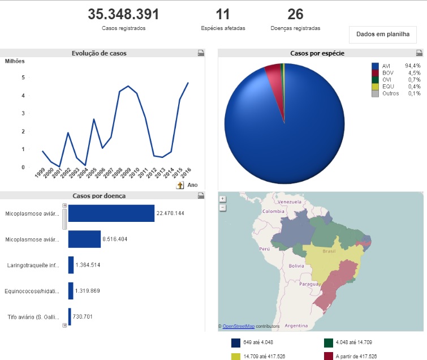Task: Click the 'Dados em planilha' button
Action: [382, 34]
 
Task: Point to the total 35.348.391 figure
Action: [123, 15]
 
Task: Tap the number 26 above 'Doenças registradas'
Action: [295, 15]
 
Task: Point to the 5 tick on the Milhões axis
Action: [23, 78]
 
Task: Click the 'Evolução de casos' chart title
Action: [99, 53]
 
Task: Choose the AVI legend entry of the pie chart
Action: [387, 66]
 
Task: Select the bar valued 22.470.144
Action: [111, 213]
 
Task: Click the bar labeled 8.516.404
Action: [84, 239]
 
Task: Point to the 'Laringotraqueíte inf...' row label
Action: [33, 265]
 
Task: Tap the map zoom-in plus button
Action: [223, 199]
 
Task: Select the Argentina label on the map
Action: [296, 326]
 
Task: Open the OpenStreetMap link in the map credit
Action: [238, 327]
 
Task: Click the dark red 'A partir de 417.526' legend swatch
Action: [329, 356]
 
